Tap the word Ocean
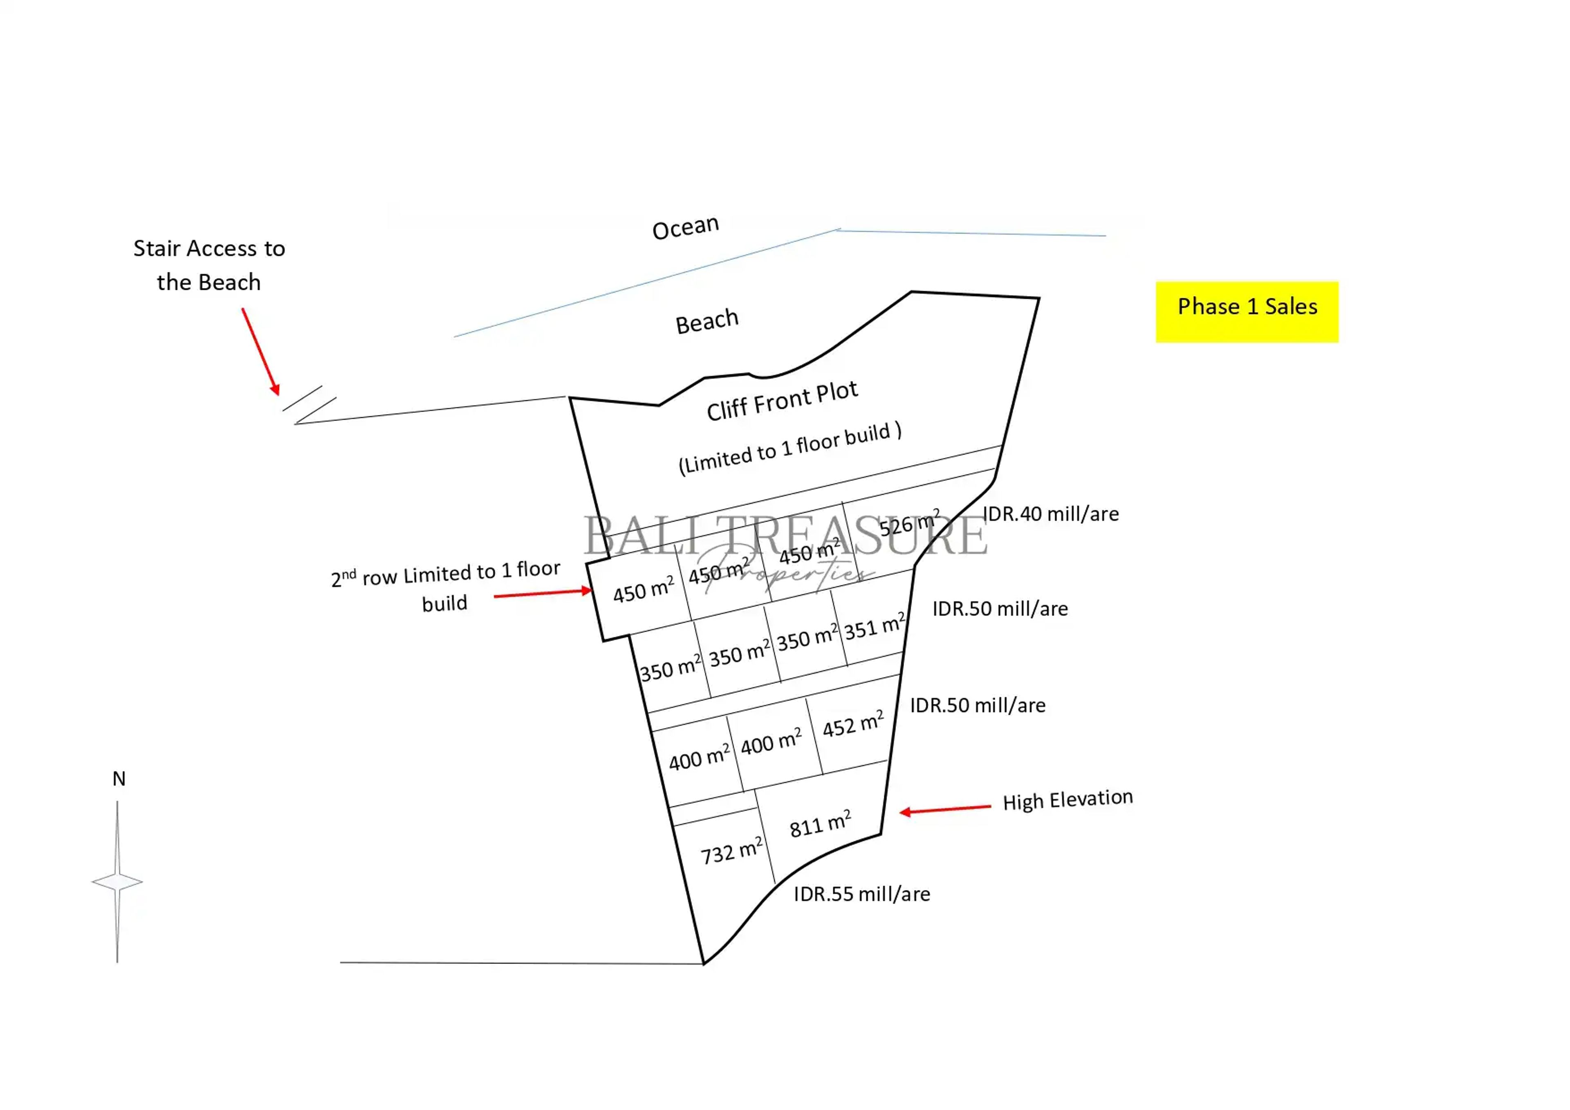click(685, 227)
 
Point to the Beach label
click(706, 321)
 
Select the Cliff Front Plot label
click(782, 401)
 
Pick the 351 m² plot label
click(874, 626)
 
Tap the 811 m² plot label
click(820, 824)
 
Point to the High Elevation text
click(1068, 800)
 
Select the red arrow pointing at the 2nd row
click(542, 593)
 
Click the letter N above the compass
click(119, 778)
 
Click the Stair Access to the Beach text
click(209, 265)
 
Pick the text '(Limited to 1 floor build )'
click(790, 448)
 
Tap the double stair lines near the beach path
click(309, 405)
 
